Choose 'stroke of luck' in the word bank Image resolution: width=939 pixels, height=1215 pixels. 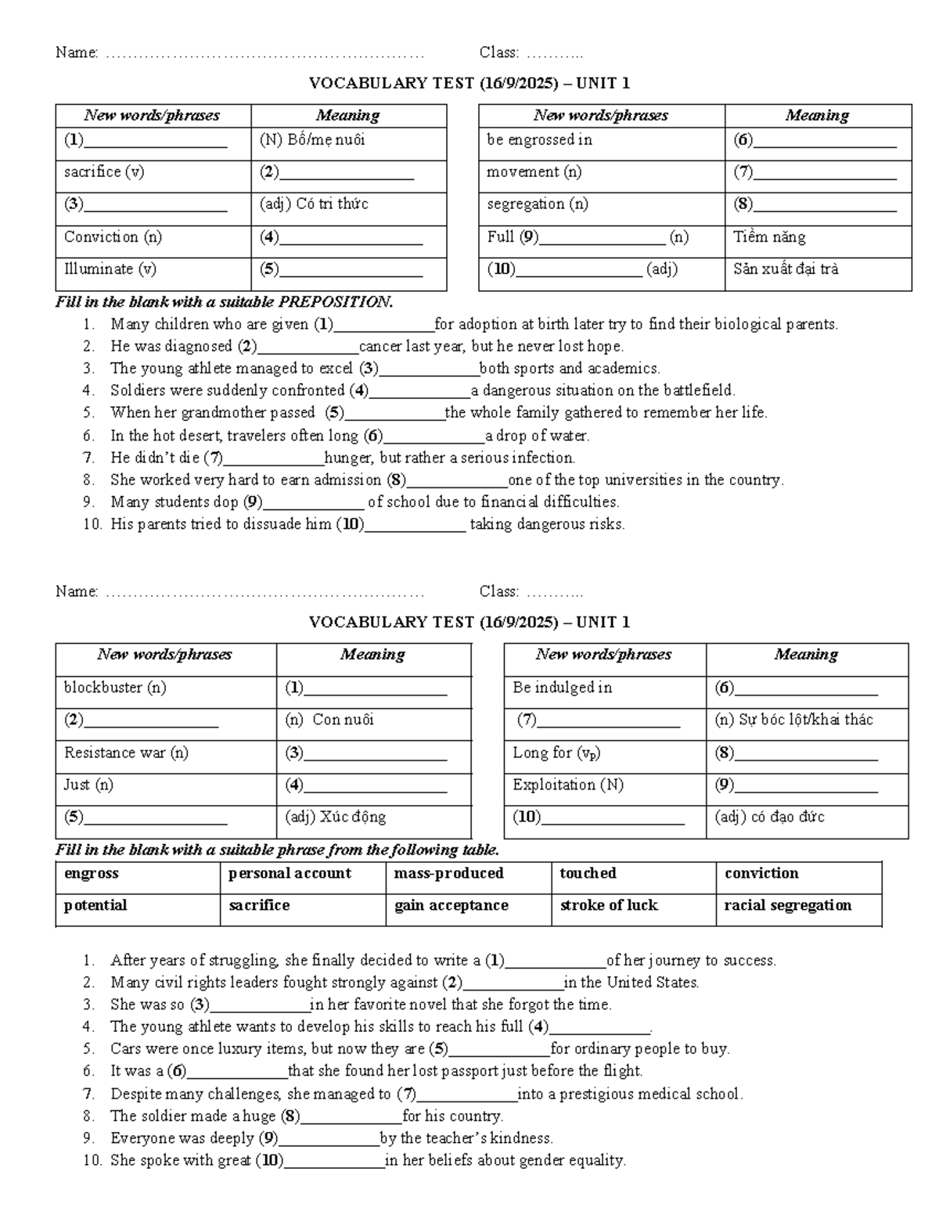pyautogui.click(x=609, y=905)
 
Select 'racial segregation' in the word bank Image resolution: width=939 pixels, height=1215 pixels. pyautogui.click(x=787, y=905)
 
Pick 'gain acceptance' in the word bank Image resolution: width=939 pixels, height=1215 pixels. pyautogui.click(x=451, y=905)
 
